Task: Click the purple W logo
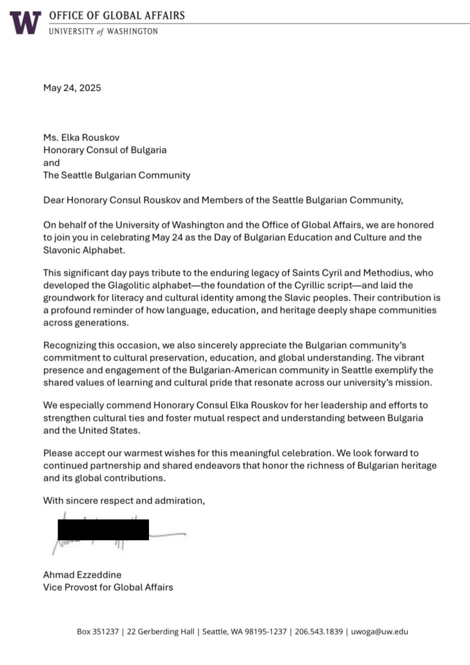point(26,23)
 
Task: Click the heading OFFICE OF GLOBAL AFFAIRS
point(117,16)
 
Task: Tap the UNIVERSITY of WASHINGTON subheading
point(103,31)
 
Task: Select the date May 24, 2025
point(72,88)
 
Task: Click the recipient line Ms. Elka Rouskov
point(81,138)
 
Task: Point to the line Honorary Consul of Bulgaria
point(104,150)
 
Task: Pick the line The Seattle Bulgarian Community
point(117,175)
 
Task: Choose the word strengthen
point(67,418)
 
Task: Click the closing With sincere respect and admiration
point(124,501)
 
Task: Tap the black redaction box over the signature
point(103,529)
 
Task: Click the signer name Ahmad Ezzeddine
point(82,575)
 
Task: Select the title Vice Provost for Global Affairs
point(108,588)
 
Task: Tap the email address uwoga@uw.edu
point(379,632)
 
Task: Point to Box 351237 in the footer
point(97,632)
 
